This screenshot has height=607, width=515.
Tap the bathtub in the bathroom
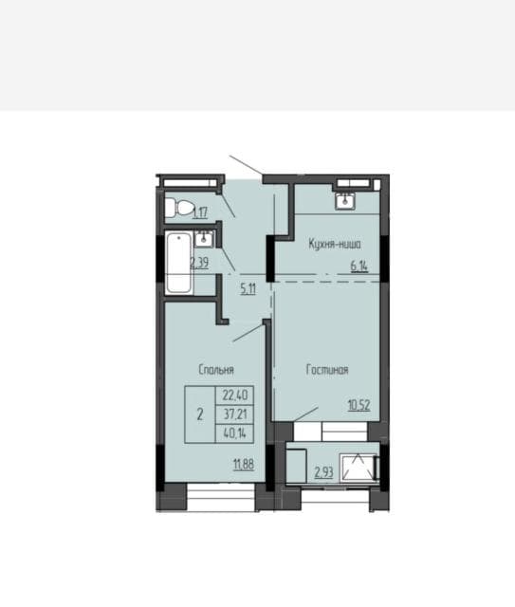click(x=178, y=264)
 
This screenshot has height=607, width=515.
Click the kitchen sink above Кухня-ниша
click(x=344, y=199)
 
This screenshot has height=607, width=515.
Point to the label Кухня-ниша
click(x=334, y=244)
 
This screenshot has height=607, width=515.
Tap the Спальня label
click(x=216, y=370)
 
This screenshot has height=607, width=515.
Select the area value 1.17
click(x=200, y=212)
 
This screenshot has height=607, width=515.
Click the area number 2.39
click(x=199, y=263)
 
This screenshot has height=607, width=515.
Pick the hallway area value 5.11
click(x=248, y=288)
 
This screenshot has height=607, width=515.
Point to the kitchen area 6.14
click(x=359, y=267)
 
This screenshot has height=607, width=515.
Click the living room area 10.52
click(x=359, y=405)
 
